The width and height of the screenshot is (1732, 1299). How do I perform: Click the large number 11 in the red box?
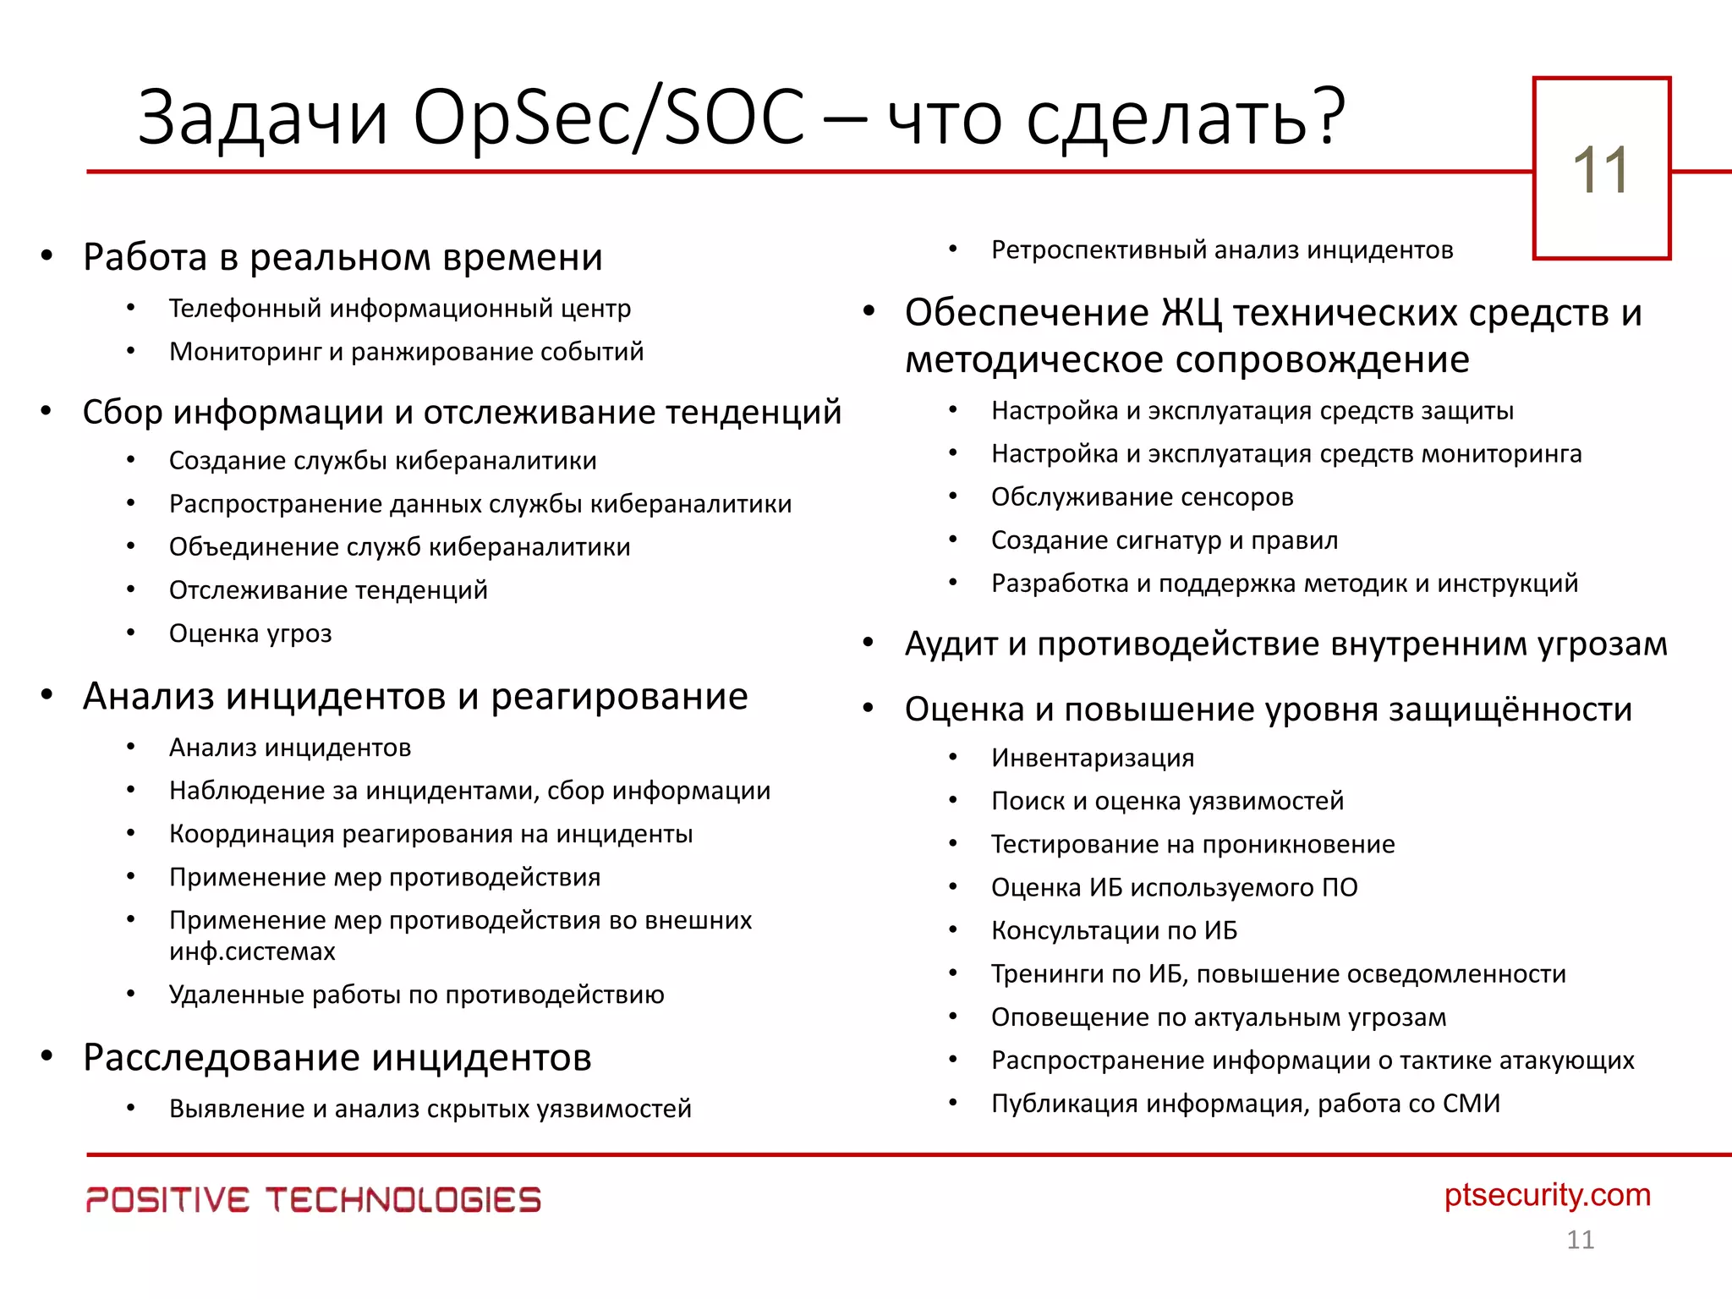(x=1600, y=170)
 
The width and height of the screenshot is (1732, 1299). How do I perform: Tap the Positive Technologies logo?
(x=313, y=1199)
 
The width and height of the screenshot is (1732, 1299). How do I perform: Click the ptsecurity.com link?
(x=1547, y=1195)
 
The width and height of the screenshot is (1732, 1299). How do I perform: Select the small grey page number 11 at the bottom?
(x=1580, y=1240)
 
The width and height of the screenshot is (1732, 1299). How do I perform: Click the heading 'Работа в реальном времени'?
(x=343, y=257)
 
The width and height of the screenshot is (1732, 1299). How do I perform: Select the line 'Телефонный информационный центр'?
(x=399, y=309)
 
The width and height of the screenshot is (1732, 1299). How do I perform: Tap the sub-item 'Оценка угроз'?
(x=250, y=633)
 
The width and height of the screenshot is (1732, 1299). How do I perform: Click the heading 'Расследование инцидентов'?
(x=337, y=1057)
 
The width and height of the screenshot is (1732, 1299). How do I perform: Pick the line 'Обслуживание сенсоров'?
(x=1142, y=497)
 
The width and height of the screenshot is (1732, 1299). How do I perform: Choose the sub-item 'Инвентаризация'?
(x=1093, y=758)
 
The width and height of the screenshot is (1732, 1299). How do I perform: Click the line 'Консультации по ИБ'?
(x=1114, y=930)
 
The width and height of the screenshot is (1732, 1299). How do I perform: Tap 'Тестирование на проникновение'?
(x=1192, y=844)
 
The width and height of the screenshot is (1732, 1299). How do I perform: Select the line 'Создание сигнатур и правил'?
(x=1165, y=540)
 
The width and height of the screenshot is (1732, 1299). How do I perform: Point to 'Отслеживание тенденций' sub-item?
(x=328, y=590)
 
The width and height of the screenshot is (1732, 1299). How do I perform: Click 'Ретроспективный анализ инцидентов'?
(x=1222, y=250)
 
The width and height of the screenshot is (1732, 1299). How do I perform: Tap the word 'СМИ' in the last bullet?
(x=1471, y=1104)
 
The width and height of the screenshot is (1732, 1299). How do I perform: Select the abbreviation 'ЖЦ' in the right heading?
(x=1191, y=314)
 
